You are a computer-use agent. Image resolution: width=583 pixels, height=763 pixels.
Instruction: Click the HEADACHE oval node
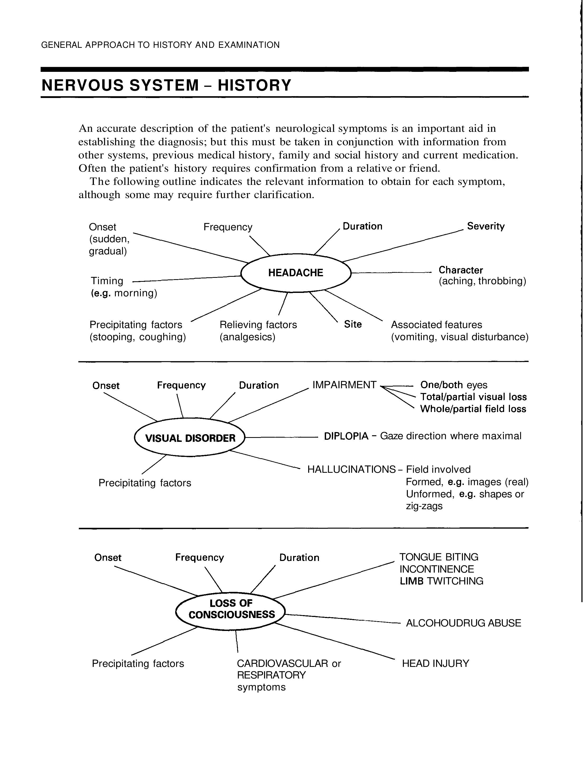pos(296,273)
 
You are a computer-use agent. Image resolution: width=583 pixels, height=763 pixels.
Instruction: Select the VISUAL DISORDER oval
pos(190,438)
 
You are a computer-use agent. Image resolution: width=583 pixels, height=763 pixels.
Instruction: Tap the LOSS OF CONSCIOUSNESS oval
pos(231,611)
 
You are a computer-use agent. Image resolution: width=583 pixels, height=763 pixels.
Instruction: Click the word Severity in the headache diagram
pos(485,226)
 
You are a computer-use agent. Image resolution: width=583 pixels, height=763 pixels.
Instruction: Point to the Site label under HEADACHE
pos(353,324)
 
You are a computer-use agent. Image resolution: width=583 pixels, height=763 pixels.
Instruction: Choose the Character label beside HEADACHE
pos(461,270)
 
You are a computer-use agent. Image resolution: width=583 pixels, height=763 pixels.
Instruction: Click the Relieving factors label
pos(258,325)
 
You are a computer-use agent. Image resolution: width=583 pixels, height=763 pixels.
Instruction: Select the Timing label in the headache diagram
pos(107,281)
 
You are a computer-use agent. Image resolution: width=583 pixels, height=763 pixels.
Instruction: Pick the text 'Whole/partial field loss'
pos(473,409)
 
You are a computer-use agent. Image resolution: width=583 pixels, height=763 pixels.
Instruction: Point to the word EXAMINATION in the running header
pos(249,45)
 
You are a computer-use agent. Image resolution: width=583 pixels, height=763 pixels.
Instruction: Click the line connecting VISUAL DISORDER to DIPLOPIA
pos(281,437)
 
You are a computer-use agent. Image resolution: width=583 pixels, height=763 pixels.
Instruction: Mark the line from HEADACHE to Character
pos(391,273)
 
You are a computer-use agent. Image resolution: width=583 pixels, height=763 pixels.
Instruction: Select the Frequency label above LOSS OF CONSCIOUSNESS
pos(199,557)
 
